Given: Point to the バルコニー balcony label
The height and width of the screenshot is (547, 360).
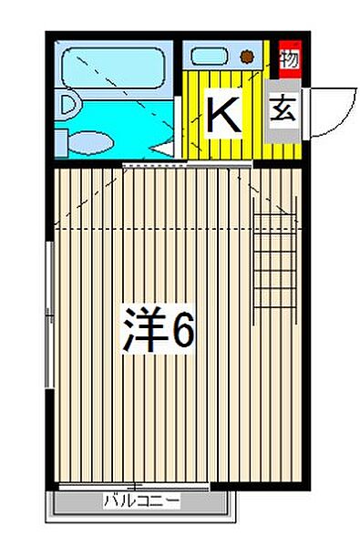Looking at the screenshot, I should tap(141, 501).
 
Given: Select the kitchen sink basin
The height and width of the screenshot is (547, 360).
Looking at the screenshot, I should tap(208, 56).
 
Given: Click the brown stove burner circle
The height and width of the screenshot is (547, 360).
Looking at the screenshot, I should tap(246, 57).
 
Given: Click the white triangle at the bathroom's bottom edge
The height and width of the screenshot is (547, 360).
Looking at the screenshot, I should tap(164, 147).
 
